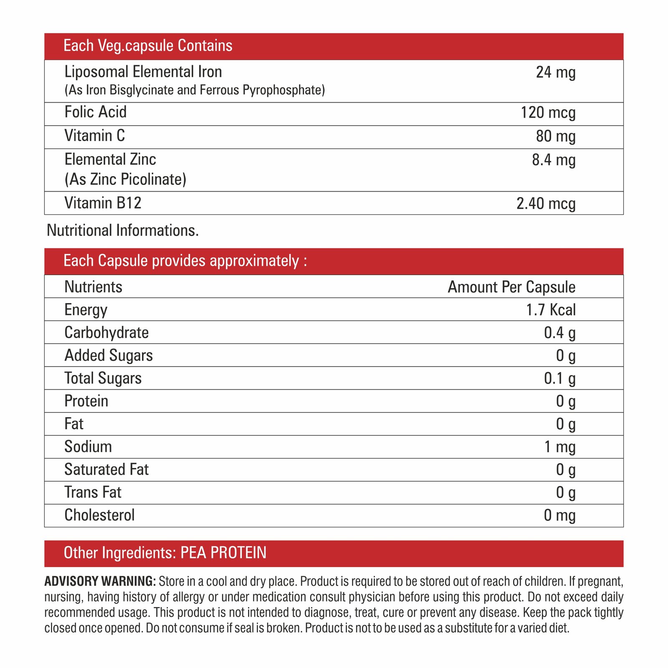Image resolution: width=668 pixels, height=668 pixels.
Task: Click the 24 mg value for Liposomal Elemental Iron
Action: [x=555, y=72]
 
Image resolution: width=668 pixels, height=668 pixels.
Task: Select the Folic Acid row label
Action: [x=95, y=112]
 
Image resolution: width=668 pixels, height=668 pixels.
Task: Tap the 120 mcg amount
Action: [x=548, y=113]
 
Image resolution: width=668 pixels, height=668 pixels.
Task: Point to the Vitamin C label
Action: [x=94, y=136]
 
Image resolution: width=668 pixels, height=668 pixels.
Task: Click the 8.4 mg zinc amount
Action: [x=553, y=160]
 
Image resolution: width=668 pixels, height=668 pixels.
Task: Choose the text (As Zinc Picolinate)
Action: [x=125, y=179]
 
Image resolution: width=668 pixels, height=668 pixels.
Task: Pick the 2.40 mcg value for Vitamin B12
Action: [x=546, y=203]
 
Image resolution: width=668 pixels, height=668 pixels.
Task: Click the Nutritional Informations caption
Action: [x=122, y=230]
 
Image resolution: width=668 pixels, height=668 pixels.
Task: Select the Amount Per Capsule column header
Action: [x=511, y=287]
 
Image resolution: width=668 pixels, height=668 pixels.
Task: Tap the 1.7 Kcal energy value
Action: [x=550, y=310]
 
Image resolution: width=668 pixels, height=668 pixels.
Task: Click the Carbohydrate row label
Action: [x=106, y=332]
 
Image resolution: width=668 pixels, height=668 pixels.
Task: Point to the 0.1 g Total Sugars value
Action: [x=559, y=378]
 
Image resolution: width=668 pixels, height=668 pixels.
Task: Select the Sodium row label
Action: [x=88, y=447]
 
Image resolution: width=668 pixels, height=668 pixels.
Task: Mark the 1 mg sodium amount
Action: [x=559, y=447]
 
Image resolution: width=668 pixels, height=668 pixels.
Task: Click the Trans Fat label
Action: [x=93, y=492]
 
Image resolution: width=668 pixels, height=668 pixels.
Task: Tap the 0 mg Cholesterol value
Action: [x=559, y=515]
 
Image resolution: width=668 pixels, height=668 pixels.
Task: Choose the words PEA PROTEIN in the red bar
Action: [x=223, y=553]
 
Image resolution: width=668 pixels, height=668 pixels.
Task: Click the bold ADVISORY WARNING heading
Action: [x=100, y=581]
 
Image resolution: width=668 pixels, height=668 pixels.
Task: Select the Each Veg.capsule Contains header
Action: [x=148, y=46]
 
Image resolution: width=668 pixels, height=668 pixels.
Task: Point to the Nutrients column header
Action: [x=93, y=287]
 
